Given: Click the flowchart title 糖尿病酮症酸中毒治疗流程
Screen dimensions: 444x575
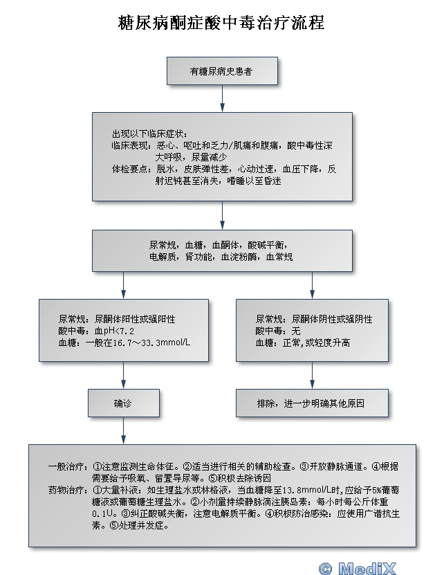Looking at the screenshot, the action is (x=221, y=23).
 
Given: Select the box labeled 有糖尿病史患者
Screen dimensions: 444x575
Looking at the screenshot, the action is (x=222, y=71).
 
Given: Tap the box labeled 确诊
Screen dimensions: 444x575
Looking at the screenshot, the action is (x=124, y=403).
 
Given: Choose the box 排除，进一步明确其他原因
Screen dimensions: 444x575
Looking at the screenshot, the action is (x=312, y=403).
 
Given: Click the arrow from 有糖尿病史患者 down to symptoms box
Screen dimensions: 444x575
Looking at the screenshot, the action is (x=222, y=99).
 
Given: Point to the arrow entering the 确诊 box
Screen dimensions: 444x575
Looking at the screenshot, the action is (x=124, y=376).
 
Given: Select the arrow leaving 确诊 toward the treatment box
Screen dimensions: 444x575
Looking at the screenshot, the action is (x=124, y=431).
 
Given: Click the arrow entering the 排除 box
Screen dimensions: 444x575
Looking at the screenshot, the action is (x=312, y=376).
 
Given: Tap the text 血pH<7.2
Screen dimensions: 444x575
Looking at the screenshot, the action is (x=114, y=331).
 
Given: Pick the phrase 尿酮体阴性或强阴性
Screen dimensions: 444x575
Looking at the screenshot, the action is (x=332, y=319).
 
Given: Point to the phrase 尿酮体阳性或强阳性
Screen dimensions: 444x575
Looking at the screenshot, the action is (x=135, y=319).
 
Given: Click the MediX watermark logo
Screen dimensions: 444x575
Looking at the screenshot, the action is (x=358, y=568).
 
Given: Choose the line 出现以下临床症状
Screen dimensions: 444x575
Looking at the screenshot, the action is (x=149, y=134).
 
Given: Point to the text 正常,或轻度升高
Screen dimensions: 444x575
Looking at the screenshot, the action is (x=317, y=343).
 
